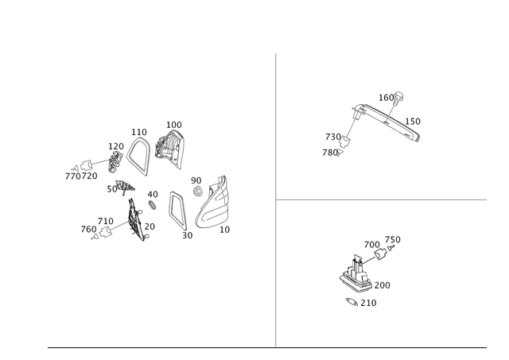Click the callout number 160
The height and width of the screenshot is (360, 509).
tap(386, 98)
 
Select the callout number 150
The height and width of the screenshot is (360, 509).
tap(413, 122)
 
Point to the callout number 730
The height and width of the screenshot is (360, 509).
tap(332, 137)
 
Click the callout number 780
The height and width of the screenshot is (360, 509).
tap(330, 153)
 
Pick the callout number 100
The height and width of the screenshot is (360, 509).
tap(174, 125)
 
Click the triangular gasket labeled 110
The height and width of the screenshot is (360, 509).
tap(138, 157)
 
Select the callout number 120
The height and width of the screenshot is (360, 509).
tap(116, 146)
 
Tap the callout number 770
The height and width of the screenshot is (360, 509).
tap(72, 176)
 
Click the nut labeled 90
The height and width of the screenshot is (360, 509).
tap(196, 191)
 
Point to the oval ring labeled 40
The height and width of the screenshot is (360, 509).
tap(152, 205)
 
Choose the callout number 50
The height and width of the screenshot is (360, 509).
tap(112, 189)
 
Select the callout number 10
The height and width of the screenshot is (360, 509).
tap(224, 230)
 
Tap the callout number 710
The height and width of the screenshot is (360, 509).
tap(106, 222)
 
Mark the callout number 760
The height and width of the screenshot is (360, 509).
tap(88, 230)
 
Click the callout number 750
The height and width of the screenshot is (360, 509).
tap(393, 240)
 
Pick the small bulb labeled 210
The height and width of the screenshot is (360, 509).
tap(352, 302)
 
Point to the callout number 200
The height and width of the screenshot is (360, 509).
tap(382, 286)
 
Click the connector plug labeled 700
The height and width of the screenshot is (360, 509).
tap(380, 254)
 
